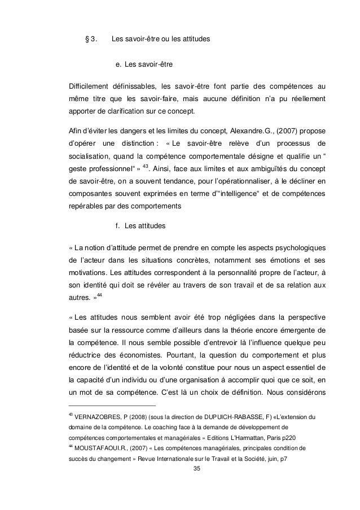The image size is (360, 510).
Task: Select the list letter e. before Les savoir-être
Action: (x=118, y=65)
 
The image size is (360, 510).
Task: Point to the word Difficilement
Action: (x=93, y=86)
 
